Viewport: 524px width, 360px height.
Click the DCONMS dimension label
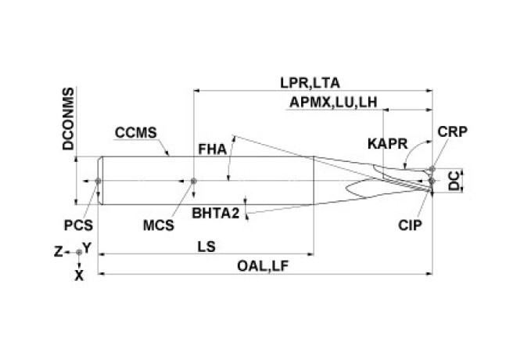68,119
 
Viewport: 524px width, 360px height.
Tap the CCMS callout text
135,133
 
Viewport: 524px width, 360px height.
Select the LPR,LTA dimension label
310,83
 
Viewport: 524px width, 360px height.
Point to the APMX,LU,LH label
333,103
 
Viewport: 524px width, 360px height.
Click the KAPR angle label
388,144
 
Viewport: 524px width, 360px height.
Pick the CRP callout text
453,131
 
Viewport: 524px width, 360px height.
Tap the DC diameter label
454,181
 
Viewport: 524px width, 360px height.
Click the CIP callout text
410,225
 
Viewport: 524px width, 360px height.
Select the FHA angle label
213,149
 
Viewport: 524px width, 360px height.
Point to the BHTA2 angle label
216,213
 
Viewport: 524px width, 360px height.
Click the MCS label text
159,225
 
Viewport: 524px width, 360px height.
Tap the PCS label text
78,225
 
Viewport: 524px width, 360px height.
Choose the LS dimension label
206,247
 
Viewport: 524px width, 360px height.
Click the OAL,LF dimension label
263,266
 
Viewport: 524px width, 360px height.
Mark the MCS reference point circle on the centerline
193,181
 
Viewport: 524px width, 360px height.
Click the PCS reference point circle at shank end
98,181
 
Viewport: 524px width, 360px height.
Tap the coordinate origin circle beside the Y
79,252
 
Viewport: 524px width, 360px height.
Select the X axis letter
79,275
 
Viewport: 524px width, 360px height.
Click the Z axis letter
58,252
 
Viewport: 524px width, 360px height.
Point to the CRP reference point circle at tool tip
432,169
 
